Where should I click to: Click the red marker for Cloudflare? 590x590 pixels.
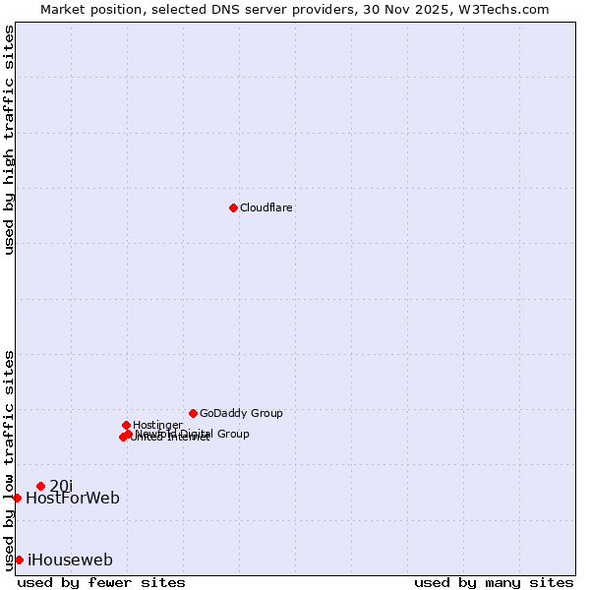tap(233, 207)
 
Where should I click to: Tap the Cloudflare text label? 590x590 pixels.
tap(266, 208)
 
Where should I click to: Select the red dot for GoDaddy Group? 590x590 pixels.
tap(193, 413)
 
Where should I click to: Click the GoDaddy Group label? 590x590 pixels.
tap(241, 414)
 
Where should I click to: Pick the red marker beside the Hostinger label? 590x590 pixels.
tap(126, 425)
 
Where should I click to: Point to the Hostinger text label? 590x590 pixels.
tap(157, 426)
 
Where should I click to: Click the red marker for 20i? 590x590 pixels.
tap(40, 486)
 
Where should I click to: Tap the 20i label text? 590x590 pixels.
tap(61, 486)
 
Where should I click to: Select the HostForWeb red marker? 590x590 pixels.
tap(17, 498)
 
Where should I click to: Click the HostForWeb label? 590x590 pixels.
tap(73, 499)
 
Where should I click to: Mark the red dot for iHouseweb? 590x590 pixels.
tap(19, 560)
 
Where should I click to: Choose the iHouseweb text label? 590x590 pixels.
tap(70, 560)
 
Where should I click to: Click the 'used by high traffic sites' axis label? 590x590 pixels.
tap(9, 140)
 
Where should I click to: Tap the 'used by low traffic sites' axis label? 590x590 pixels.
tap(9, 459)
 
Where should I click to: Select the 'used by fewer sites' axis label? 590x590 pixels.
tap(101, 583)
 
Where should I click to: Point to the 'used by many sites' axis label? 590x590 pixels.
tap(494, 583)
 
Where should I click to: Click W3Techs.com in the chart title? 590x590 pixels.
tap(506, 9)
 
